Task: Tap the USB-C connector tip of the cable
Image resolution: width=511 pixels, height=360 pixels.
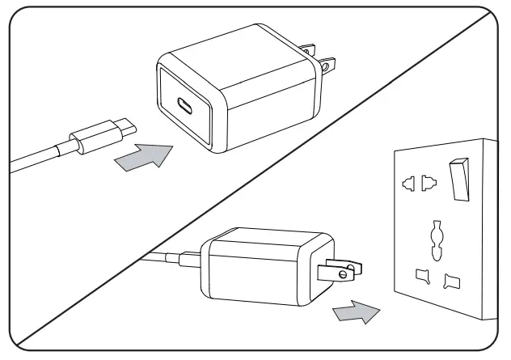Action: [x=125, y=126]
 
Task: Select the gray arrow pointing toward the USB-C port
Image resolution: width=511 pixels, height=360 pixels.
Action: [x=146, y=155]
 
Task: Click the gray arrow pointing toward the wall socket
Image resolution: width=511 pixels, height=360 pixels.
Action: [x=356, y=311]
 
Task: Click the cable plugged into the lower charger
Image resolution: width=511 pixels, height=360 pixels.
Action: [x=170, y=258]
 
